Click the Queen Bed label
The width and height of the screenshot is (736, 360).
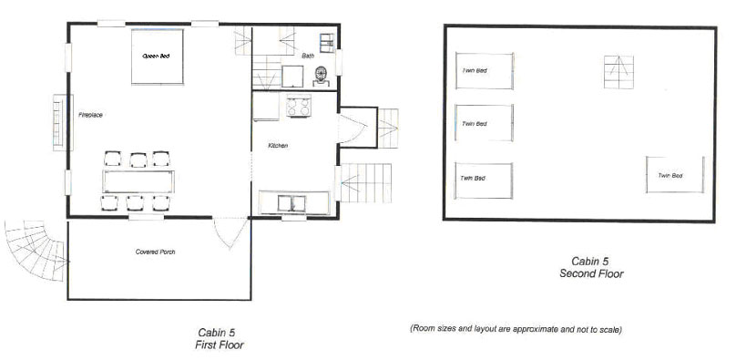click(156, 56)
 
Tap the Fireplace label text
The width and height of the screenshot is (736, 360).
click(90, 115)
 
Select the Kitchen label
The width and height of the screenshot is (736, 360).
click(278, 146)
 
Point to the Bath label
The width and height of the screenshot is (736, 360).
click(308, 56)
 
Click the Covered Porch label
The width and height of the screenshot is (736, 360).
click(156, 252)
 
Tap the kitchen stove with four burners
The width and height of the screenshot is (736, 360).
click(299, 106)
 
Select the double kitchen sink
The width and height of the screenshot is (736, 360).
click(291, 203)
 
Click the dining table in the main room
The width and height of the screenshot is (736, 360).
click(138, 181)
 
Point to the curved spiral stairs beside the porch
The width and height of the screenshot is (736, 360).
click(36, 250)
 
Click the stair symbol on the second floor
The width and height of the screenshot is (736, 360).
click(618, 72)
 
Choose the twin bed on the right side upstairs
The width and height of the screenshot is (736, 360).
click(675, 175)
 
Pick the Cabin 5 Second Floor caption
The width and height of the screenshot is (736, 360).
click(591, 268)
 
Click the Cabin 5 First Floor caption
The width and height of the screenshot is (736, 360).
click(220, 339)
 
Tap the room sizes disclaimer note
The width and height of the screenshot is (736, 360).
click(516, 330)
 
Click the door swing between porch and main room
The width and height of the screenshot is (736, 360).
click(230, 232)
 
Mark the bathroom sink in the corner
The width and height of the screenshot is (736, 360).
click(327, 42)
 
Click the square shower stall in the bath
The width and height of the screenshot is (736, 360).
click(292, 76)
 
